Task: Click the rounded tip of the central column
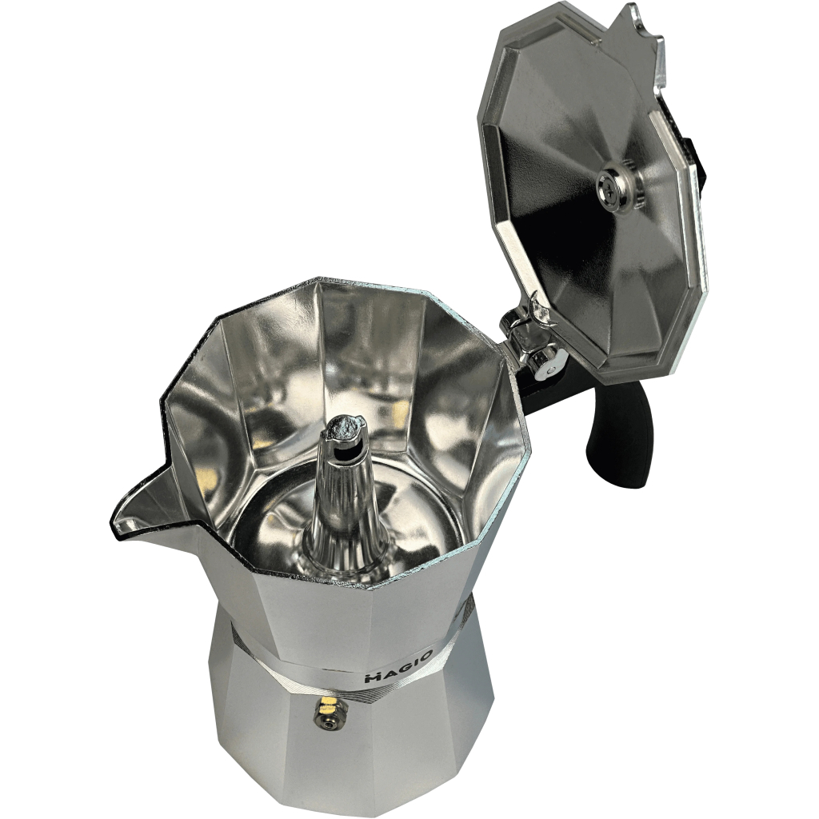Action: (344, 416)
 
